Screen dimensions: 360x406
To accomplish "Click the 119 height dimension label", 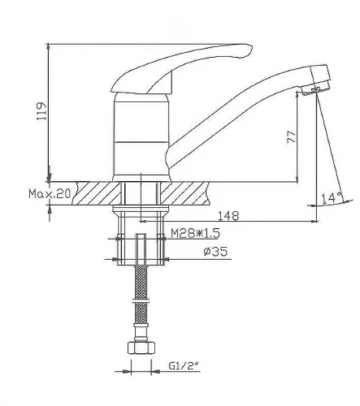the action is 41,111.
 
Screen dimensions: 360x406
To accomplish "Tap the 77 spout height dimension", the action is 292,137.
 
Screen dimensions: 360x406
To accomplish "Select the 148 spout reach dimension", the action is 228,216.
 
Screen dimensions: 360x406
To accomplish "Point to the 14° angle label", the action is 332,198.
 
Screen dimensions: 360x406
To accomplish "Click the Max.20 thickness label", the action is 50,194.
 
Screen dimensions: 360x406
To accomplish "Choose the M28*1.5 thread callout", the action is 195,233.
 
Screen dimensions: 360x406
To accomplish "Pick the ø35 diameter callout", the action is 215,252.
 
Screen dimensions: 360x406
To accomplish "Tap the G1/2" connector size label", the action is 184,366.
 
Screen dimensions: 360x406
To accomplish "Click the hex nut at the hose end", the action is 141,348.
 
